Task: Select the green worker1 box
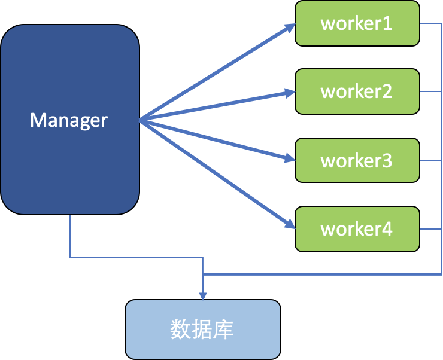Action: tap(357, 23)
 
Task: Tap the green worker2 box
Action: tap(357, 91)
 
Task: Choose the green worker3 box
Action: tap(357, 160)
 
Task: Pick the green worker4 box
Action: tap(357, 229)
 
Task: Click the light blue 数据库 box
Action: tap(202, 330)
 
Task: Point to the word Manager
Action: tap(69, 120)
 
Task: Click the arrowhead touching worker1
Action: tap(290, 26)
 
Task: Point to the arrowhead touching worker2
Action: tap(290, 93)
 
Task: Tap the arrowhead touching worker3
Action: tap(290, 159)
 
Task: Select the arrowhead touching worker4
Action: tap(290, 225)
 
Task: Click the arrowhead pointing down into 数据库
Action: tap(203, 295)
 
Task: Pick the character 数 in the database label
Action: tap(181, 330)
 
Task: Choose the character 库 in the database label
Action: tap(224, 330)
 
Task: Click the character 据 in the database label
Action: tap(202, 330)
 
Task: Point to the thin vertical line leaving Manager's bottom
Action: tap(70, 236)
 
